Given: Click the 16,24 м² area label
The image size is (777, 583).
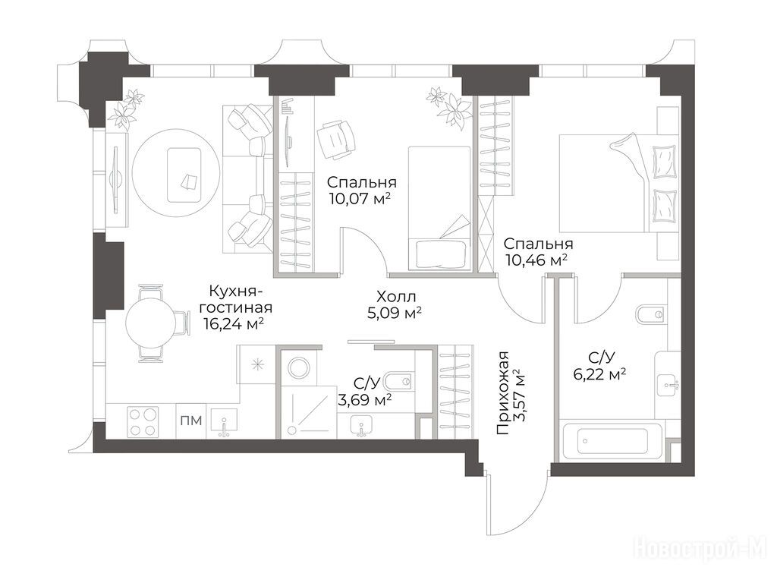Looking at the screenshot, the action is pos(233,323).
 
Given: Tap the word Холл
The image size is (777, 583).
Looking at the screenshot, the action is pos(396,297).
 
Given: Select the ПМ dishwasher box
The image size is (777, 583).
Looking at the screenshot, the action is pos(190,421).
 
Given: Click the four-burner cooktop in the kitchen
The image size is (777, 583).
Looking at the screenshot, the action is pos(143,421).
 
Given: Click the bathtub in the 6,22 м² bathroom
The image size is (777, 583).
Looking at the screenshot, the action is pos(612,441).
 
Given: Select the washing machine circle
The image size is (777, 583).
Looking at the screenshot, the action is pos(298,368).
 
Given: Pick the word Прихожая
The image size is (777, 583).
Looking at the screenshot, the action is pos(504,392).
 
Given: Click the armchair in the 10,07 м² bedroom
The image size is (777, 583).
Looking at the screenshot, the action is pos(336,140).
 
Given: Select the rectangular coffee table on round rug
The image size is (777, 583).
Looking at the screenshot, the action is pos(184,175).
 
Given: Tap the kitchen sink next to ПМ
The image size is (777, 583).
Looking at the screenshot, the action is pos(224,421).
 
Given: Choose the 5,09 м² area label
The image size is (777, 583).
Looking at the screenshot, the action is pos(395,313).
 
